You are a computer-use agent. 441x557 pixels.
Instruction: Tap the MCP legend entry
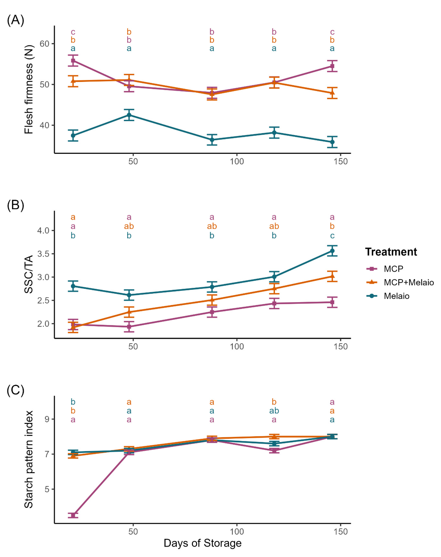point(393,269)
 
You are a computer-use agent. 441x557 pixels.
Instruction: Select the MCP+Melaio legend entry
point(408,282)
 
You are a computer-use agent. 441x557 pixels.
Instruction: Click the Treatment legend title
point(391,252)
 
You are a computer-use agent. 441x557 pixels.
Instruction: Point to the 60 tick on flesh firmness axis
point(44,44)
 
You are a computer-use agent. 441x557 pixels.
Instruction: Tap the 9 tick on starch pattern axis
point(47,419)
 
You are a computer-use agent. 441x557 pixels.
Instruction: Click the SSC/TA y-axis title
point(29,274)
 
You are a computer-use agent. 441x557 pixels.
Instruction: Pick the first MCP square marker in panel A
point(73,61)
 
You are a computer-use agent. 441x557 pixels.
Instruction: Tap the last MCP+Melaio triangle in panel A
point(332,93)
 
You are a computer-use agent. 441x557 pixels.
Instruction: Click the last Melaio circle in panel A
point(332,142)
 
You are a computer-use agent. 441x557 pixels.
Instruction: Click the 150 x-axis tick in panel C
point(341,531)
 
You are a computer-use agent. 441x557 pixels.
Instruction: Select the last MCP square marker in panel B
point(332,302)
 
